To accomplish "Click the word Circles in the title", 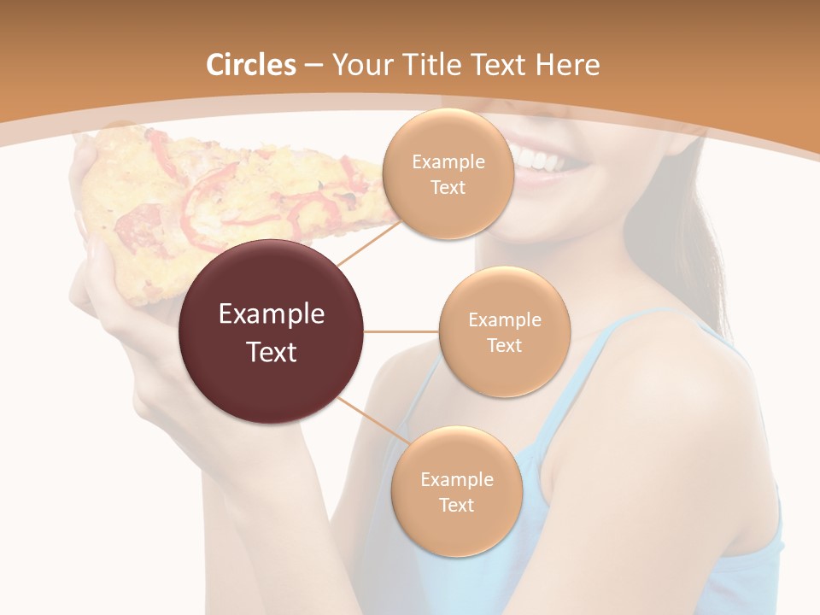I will [250, 65].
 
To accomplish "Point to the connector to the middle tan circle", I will [401, 331].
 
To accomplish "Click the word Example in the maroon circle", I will [272, 314].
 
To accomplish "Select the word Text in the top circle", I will [448, 187].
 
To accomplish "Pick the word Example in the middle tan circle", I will [505, 319].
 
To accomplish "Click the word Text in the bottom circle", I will [456, 505].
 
